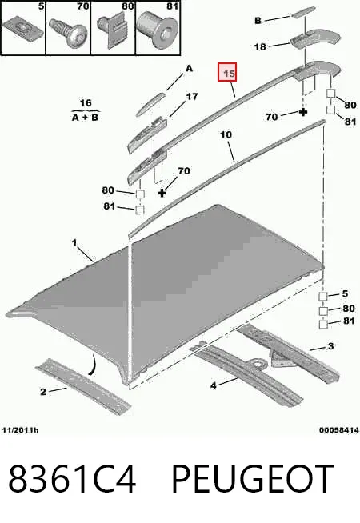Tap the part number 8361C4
pos(73,479)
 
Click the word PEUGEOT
pos(253,479)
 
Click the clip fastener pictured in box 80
pos(113,30)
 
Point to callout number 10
pos(226,135)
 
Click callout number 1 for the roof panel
pos(74,242)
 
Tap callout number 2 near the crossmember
pos(43,392)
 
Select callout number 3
pos(330,346)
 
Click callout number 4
pos(214,385)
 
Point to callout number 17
pos(192,97)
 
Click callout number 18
pos(260,47)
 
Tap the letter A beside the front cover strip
pos(189,69)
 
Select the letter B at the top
pos(258,21)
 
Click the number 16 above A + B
pos(86,102)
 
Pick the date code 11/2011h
pos(20,430)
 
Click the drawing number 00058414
pos(339,430)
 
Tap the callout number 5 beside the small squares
pos(345,293)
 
